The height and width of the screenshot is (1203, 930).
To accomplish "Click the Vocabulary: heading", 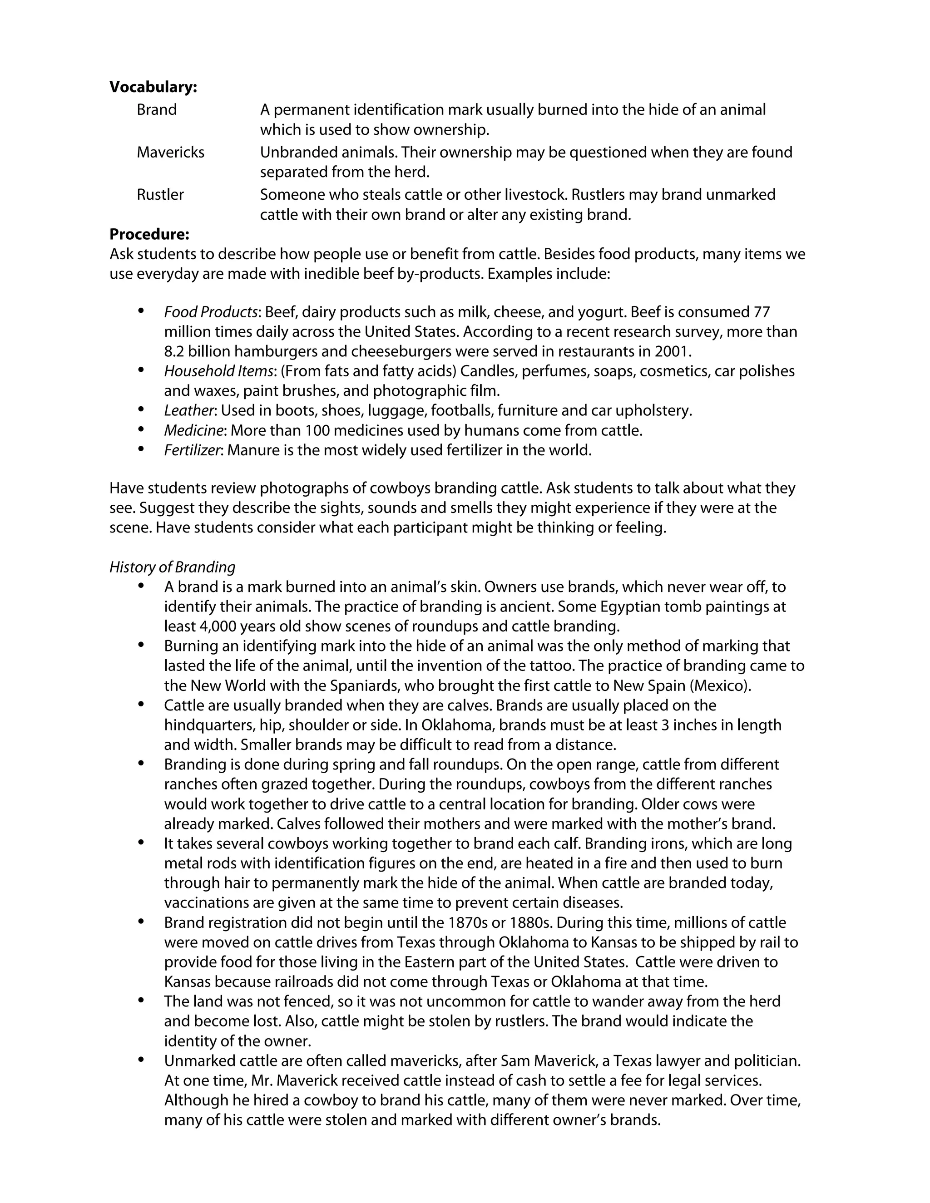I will [x=153, y=87].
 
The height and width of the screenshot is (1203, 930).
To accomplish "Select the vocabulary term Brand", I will [x=157, y=109].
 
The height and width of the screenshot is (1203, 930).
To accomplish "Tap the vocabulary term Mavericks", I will [x=170, y=152].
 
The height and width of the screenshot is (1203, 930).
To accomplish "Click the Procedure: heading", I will [x=149, y=234].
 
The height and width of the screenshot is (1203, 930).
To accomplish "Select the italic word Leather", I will [x=188, y=410].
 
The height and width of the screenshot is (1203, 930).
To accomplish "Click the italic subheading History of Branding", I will [x=172, y=567].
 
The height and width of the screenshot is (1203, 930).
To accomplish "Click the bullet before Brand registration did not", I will [x=142, y=922].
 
